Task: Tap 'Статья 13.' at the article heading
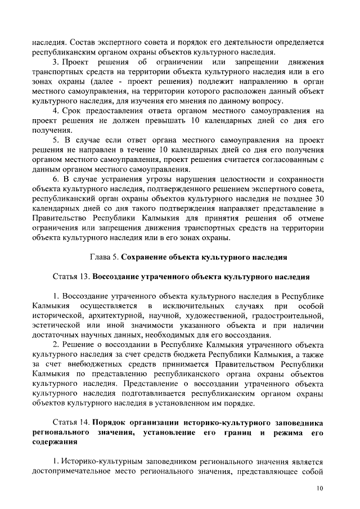[x=71, y=277]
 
